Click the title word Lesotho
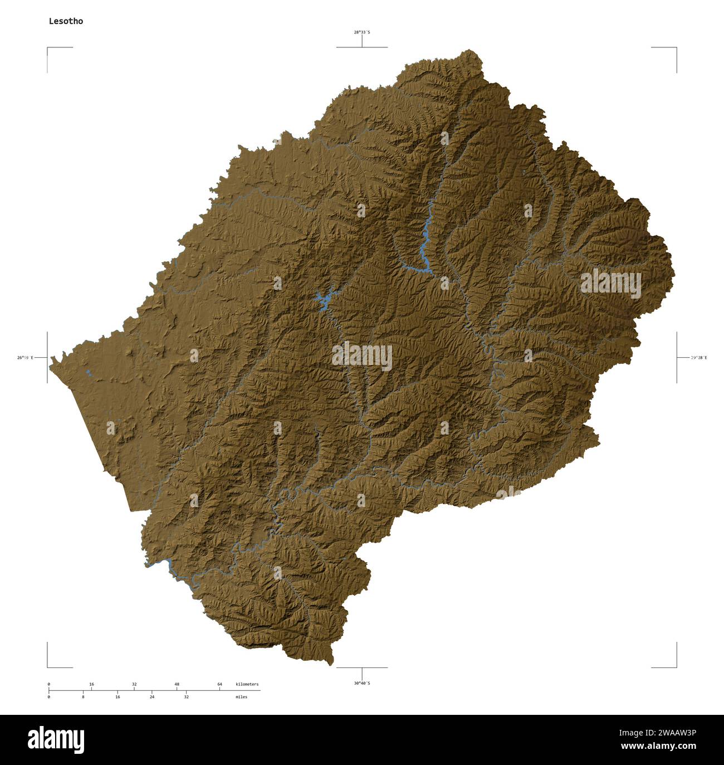(x=66, y=21)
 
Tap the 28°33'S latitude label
(x=362, y=32)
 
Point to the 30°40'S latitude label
(x=362, y=683)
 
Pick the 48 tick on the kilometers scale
(x=177, y=684)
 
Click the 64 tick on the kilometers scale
(x=219, y=684)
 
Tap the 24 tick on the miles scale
(x=151, y=696)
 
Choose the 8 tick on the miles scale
(x=83, y=696)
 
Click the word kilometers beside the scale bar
(x=247, y=684)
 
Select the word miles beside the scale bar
(x=241, y=696)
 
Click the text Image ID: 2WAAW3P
(x=663, y=733)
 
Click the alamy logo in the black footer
(x=56, y=739)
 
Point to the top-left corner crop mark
(x=48, y=48)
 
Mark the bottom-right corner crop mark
(x=676, y=666)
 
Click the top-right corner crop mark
(x=676, y=48)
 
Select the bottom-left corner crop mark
(x=48, y=666)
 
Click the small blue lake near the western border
(x=88, y=372)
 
